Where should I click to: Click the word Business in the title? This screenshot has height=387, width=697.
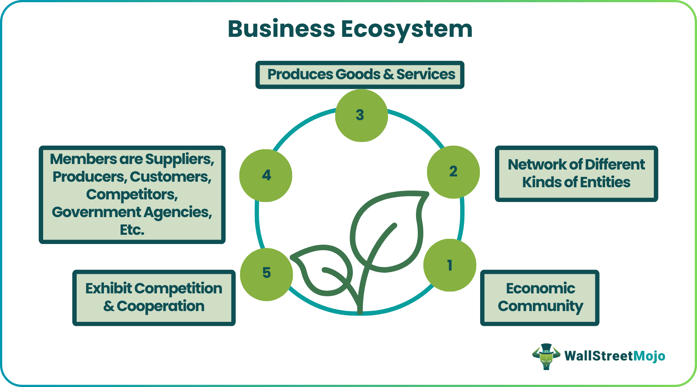[x=281, y=29]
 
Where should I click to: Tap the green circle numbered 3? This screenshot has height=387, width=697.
[x=361, y=115]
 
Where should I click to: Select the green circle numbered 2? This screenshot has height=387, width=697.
[x=453, y=172]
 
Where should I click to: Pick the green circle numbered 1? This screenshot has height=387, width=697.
[x=450, y=265]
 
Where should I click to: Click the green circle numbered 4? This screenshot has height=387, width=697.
[x=266, y=175]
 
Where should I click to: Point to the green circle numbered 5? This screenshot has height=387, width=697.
[x=266, y=274]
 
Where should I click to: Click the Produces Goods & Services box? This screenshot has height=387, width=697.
[x=360, y=75]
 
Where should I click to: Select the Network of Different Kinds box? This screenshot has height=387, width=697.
[x=576, y=174]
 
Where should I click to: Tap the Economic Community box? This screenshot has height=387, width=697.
[x=540, y=297]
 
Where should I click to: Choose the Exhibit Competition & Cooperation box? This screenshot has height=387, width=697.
[x=154, y=297]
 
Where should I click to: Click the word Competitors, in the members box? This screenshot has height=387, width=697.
[x=132, y=194]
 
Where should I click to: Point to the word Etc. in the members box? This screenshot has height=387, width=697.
[x=132, y=230]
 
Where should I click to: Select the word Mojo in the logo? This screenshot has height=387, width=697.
[x=649, y=356]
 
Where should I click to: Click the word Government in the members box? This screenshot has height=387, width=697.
[x=96, y=212]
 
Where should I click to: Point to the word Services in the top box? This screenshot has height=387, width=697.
[x=426, y=74]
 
